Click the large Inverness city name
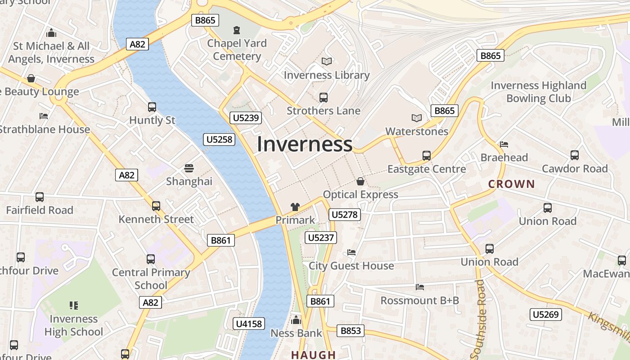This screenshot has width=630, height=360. point(305,144)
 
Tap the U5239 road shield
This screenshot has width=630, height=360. point(245,118)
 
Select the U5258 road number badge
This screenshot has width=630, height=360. point(220,139)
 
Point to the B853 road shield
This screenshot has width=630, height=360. point(351,331)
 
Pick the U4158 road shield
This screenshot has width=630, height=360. point(249,324)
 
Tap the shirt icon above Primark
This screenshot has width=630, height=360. point(295,207)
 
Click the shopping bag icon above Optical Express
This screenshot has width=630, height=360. point(360,181)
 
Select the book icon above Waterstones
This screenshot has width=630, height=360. point(417,118)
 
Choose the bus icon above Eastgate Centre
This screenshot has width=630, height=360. point(427,156)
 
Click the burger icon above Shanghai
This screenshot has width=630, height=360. point(189,168)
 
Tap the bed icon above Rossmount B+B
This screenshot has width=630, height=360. point(420,287)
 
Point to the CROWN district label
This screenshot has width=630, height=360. point(512,184)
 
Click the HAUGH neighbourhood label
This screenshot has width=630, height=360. point(314,355)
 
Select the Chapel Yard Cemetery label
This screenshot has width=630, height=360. point(237,49)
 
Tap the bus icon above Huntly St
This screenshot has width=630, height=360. point(152,107)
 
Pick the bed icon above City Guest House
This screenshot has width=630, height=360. point(351,252)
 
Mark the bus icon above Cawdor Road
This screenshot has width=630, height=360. point(575,155)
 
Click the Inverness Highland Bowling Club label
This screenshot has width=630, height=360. point(538,92)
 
